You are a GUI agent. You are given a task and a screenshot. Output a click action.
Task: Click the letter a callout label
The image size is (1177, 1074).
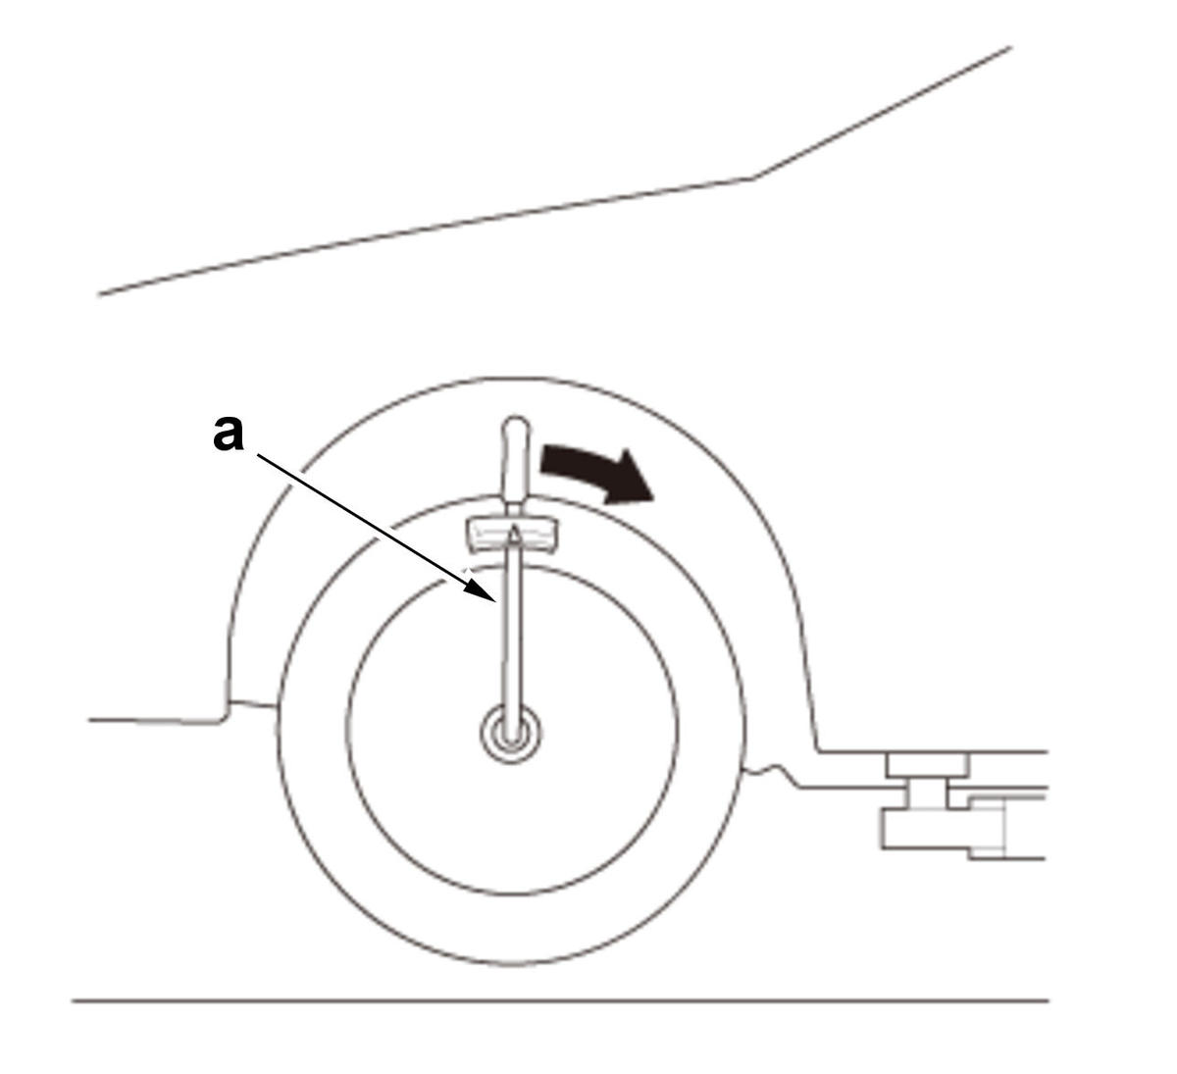click(229, 434)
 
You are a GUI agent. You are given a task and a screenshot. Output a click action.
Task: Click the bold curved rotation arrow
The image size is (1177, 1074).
click(595, 477)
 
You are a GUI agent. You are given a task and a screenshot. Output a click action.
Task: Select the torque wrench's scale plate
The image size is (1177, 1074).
click(512, 535)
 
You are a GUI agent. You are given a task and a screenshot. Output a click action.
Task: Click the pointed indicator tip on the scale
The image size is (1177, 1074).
click(515, 531)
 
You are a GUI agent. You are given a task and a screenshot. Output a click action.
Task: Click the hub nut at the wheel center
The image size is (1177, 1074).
click(510, 734)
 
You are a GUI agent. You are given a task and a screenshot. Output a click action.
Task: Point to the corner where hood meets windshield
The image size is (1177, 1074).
click(753, 178)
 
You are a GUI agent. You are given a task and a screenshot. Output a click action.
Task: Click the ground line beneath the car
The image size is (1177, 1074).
click(560, 1000)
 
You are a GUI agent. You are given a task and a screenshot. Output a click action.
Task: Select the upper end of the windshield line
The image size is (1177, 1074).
click(1011, 47)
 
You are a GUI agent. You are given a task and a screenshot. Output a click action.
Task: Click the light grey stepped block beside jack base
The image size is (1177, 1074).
click(988, 828)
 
